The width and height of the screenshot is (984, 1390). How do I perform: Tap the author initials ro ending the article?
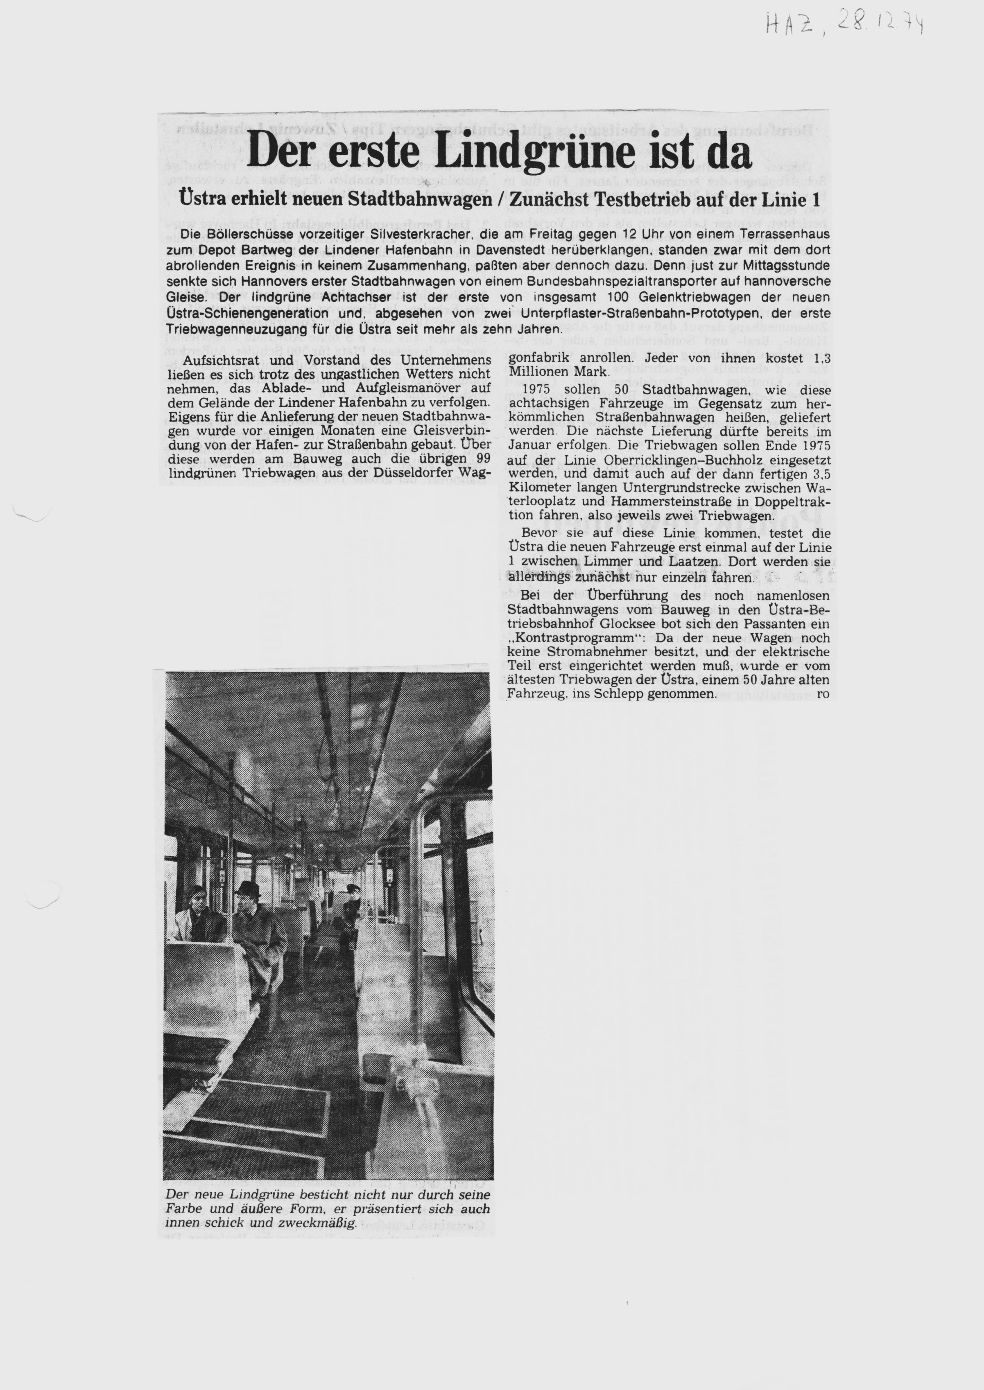tap(823, 694)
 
